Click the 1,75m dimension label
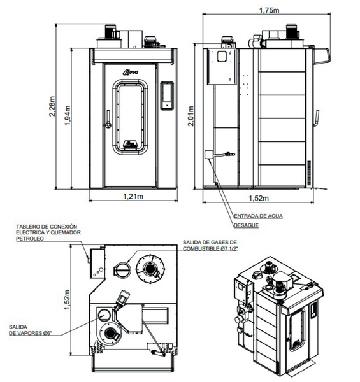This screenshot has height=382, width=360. (269, 10)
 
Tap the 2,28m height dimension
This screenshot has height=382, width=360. (52, 106)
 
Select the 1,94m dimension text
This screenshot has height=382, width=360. (68, 115)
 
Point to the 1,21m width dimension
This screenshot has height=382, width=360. (133, 196)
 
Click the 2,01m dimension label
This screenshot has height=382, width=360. (191, 116)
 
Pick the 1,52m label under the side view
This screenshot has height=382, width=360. (259, 198)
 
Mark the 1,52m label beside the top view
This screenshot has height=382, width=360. (67, 300)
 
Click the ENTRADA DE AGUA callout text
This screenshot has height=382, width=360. (258, 216)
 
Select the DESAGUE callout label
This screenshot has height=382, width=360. (246, 225)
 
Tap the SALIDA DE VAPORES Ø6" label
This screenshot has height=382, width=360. (31, 330)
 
